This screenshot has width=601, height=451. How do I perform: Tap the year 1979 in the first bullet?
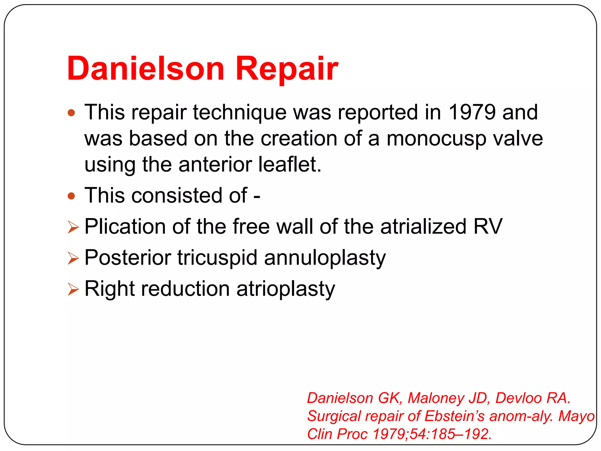pos(472,112)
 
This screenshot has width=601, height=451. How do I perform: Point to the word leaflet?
pos(290,164)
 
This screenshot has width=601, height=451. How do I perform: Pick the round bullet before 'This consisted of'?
pos(71,196)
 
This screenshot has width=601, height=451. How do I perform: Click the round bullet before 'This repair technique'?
pos(71,113)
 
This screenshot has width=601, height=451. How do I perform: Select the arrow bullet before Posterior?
pos(73,258)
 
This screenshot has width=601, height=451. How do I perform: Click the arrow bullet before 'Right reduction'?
pos(73,290)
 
